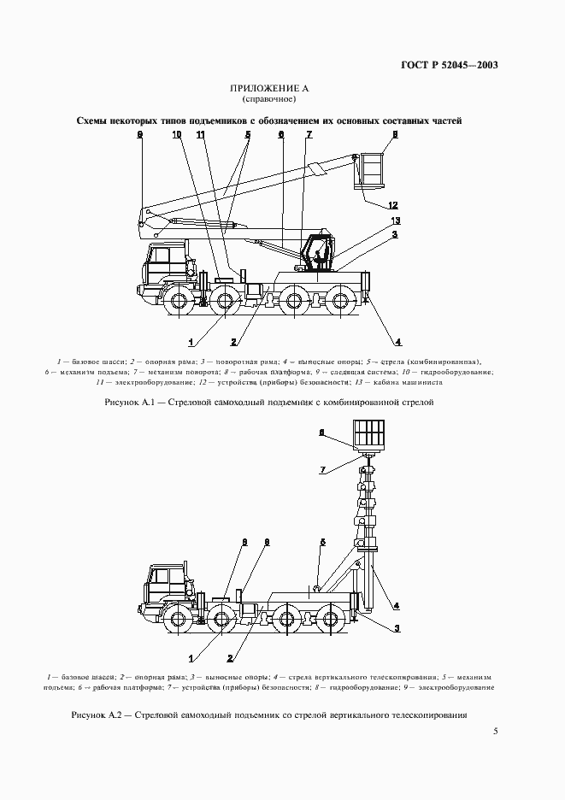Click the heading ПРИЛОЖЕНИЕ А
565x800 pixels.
268,89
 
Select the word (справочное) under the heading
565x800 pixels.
268,100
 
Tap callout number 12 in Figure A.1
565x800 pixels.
392,205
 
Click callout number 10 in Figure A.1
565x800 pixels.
176,134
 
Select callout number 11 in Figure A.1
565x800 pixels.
200,134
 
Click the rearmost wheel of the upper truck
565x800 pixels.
343,301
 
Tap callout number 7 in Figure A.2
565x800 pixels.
322,469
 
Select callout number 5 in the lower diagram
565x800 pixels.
323,542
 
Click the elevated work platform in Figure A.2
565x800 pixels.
368,436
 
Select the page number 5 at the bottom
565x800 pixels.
496,732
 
